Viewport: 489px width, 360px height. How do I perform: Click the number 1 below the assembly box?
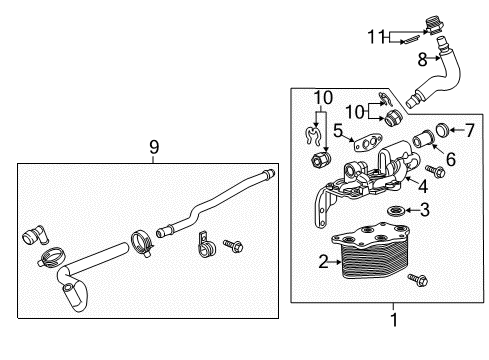[x=392, y=322]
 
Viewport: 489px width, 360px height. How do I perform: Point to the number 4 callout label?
[x=423, y=185]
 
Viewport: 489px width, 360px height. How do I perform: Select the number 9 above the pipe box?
[x=153, y=147]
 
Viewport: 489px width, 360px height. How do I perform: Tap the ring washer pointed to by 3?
[x=398, y=210]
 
